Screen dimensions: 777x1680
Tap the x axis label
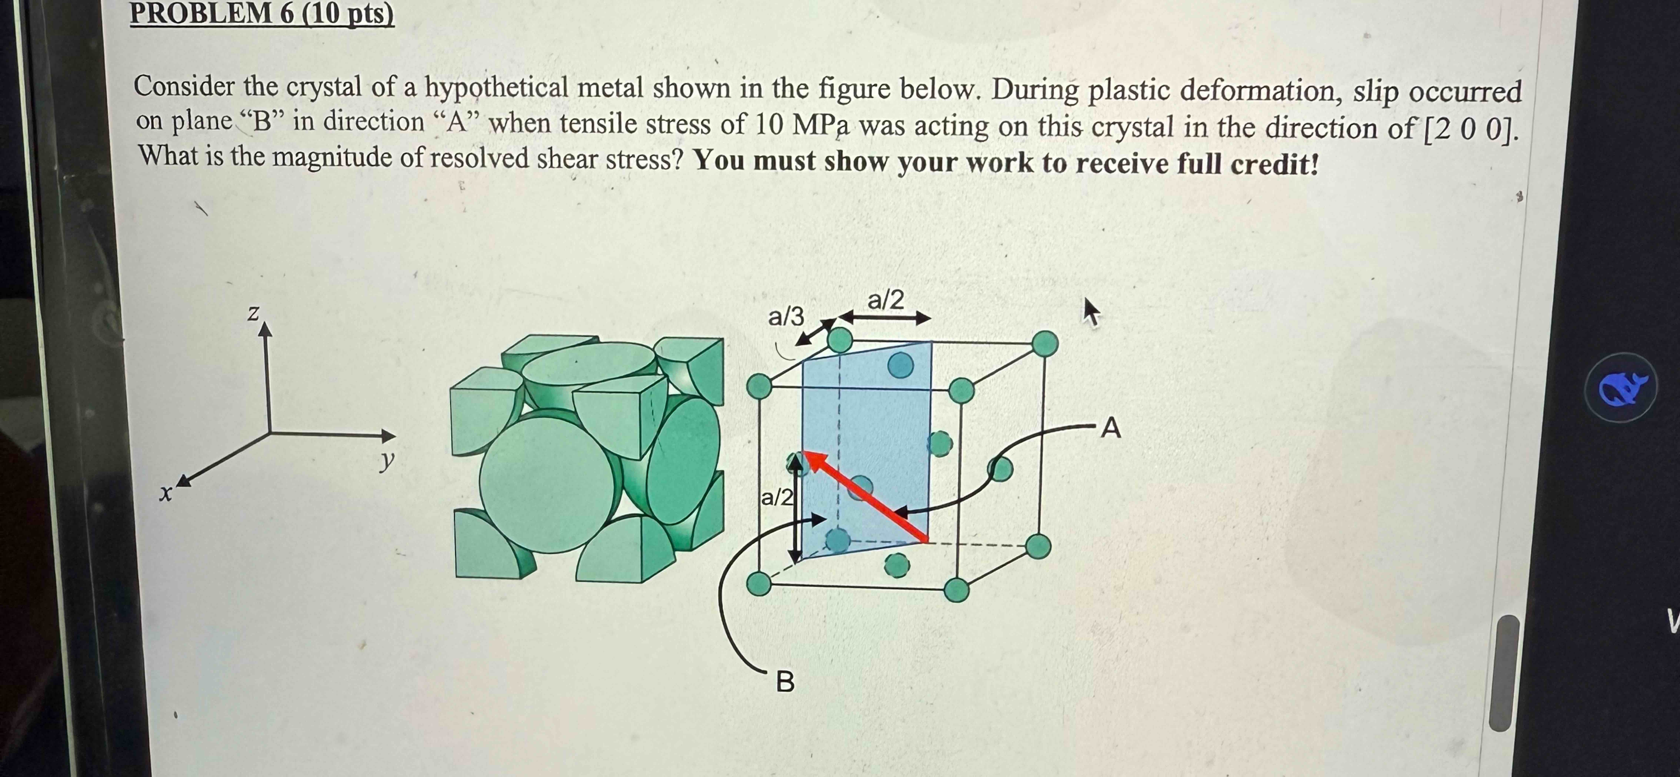click(166, 494)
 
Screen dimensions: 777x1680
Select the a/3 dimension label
click(786, 317)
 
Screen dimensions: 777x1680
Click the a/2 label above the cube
click(886, 300)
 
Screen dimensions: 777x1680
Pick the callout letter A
click(1111, 428)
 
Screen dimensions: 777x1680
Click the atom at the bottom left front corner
click(759, 583)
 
